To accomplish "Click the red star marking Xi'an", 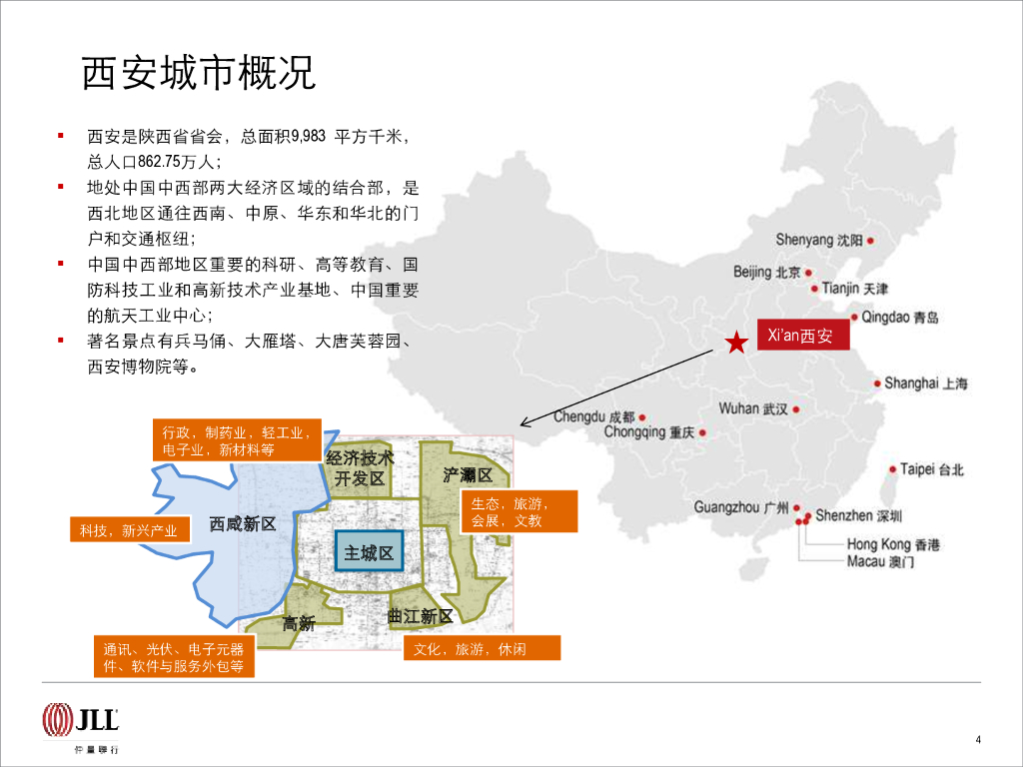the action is coord(736,344).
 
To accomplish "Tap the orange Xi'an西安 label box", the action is coord(800,337).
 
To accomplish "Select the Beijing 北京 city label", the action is coord(767,272).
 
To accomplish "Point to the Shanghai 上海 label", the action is coord(925,383).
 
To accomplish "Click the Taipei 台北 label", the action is coord(931,469).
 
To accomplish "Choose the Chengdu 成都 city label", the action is coord(593,416).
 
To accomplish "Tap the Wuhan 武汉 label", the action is coord(753,408).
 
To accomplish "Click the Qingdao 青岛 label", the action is coord(899,318).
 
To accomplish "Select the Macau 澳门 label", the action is coord(880,562).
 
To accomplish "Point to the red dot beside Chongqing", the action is coord(703,433).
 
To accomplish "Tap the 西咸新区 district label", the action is coord(243,524).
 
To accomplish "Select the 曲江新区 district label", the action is coord(421,617).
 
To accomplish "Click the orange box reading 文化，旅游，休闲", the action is coord(483,649).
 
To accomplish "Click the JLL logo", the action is coord(81,718).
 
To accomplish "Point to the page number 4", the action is coord(978,739).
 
